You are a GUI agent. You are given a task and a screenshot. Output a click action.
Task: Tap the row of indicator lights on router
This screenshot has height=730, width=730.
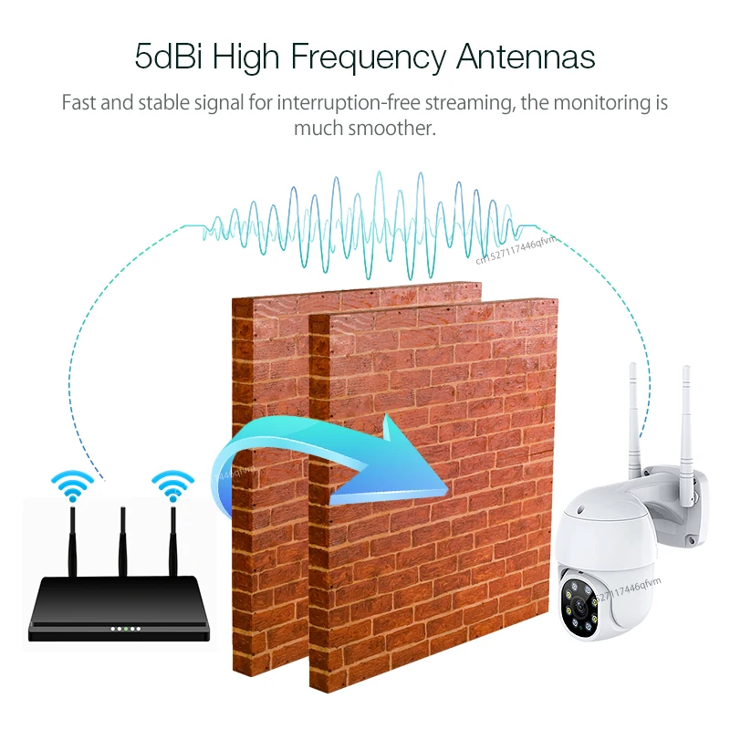pos(125,629)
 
